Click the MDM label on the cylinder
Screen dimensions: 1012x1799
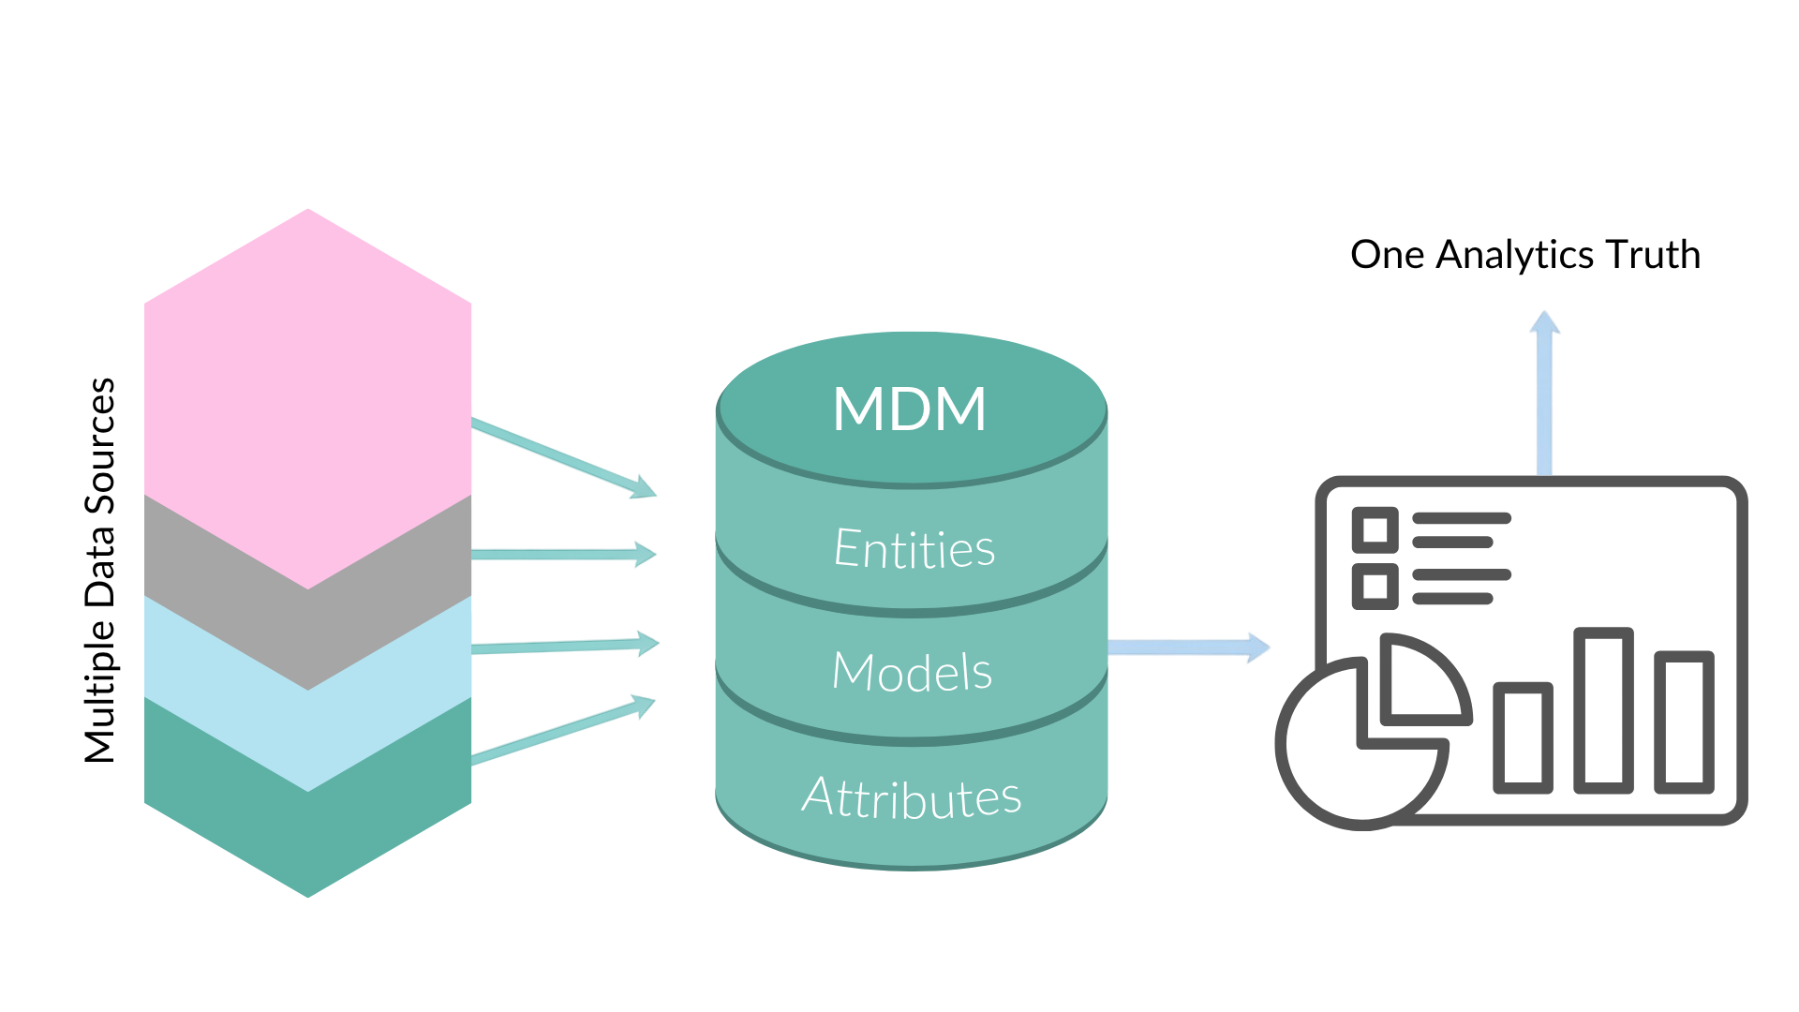(x=910, y=409)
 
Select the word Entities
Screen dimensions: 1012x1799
(x=914, y=548)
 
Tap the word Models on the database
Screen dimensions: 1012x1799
(x=912, y=672)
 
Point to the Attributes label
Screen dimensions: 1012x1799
(x=911, y=796)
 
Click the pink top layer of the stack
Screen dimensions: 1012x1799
(x=307, y=394)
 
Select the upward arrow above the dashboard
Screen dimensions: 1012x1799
(x=1544, y=394)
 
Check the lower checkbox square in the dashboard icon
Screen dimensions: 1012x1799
(x=1375, y=587)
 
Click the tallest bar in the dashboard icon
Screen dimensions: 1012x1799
(x=1603, y=710)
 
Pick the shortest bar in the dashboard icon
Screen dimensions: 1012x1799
(x=1523, y=737)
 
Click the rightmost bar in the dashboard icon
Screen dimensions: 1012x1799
(x=1684, y=722)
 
